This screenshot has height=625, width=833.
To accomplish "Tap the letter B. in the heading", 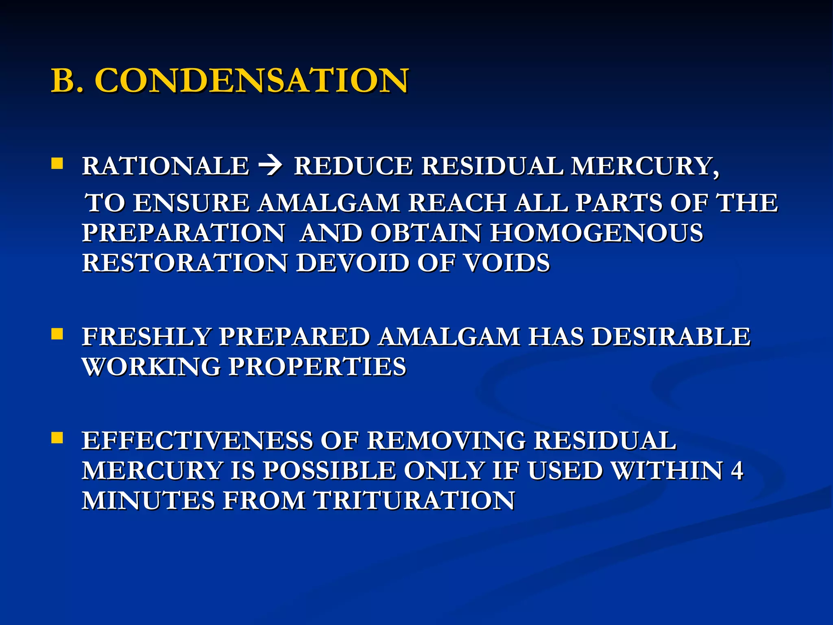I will pyautogui.click(x=67, y=81).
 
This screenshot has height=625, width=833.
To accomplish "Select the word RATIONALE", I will pyautogui.click(x=166, y=166).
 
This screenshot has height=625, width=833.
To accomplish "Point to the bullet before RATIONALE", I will pyautogui.click(x=57, y=164).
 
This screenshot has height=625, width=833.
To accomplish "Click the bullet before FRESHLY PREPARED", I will pyautogui.click(x=57, y=334).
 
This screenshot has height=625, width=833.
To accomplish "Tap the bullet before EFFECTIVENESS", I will pyautogui.click(x=57, y=438).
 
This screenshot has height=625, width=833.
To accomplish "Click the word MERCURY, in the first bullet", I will pyautogui.click(x=645, y=166).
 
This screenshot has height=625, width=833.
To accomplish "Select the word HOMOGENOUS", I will pyautogui.click(x=596, y=233).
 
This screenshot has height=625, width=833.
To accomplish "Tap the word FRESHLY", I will pyautogui.click(x=146, y=337).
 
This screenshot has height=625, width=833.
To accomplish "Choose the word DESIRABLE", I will pyautogui.click(x=670, y=337).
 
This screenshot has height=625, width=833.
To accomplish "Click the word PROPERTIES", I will pyautogui.click(x=317, y=367).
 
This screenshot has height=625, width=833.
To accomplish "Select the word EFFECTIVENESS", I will pyautogui.click(x=197, y=441).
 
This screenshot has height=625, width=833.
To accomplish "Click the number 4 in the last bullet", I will pyautogui.click(x=737, y=471).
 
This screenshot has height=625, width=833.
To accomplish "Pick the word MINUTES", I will pyautogui.click(x=148, y=500).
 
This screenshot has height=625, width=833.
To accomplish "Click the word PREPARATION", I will pyautogui.click(x=183, y=233).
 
